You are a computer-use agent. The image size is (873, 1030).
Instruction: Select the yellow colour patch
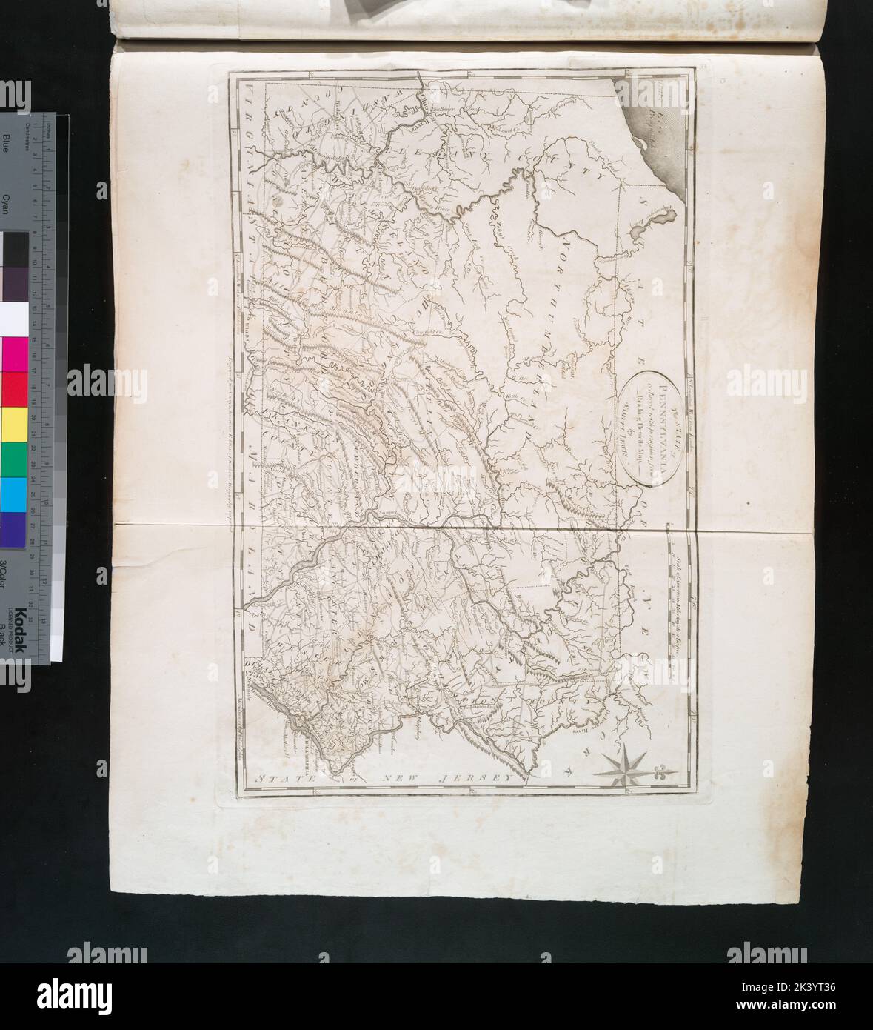[14, 422]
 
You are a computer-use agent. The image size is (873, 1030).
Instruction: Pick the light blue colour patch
[14, 494]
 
